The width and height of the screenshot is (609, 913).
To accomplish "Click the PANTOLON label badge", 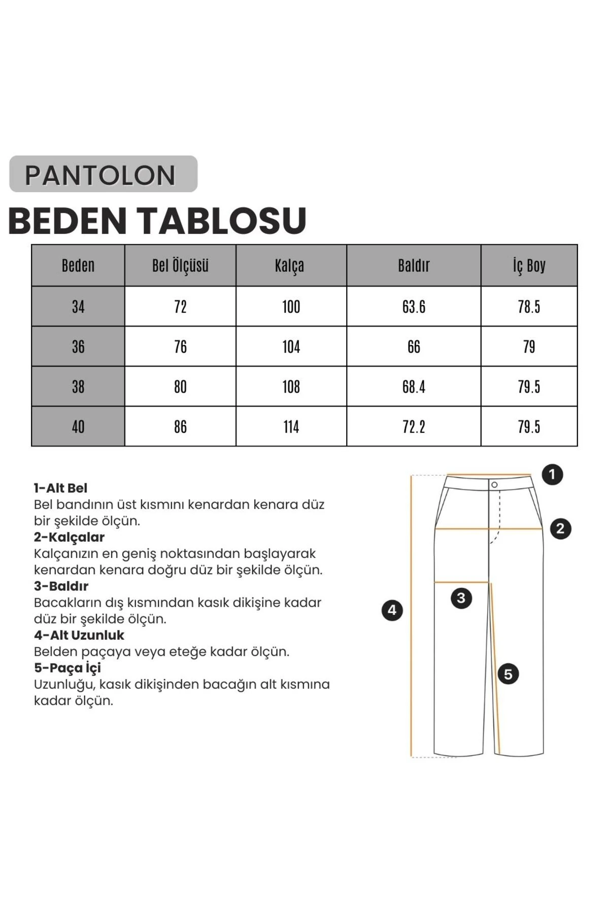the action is (x=103, y=174).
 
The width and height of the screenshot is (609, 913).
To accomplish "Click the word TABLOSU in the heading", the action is (x=223, y=221).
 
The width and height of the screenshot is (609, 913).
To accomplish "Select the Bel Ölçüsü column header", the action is (x=180, y=265).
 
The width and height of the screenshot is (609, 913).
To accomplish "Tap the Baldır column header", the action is (x=414, y=265).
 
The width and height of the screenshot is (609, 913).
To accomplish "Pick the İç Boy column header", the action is (x=529, y=265).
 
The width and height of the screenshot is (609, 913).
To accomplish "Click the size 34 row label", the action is (x=78, y=306).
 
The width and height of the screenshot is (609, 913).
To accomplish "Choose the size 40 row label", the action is (x=78, y=427).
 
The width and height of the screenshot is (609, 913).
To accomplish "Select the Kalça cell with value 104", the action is (x=291, y=346).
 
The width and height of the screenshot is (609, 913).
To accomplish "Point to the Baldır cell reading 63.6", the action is (x=414, y=306).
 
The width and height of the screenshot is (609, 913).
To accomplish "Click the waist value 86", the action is (x=180, y=427).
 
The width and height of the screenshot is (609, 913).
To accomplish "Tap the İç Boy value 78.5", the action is (x=529, y=306).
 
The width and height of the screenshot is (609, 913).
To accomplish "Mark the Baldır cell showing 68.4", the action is (x=414, y=387).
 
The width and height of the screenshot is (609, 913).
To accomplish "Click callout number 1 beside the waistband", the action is (x=552, y=475).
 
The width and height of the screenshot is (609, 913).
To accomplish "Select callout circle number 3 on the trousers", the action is (x=461, y=598).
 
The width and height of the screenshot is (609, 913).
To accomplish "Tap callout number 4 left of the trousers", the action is (x=392, y=610).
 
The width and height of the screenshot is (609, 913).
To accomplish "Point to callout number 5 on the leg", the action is (x=508, y=674).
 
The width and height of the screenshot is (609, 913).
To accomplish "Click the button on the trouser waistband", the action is (x=494, y=485).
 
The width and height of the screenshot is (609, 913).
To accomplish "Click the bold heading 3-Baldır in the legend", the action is (x=61, y=586).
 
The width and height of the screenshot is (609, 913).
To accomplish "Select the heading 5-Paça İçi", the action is (x=67, y=668).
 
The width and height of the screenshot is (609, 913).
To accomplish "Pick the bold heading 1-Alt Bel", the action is (x=60, y=488).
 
